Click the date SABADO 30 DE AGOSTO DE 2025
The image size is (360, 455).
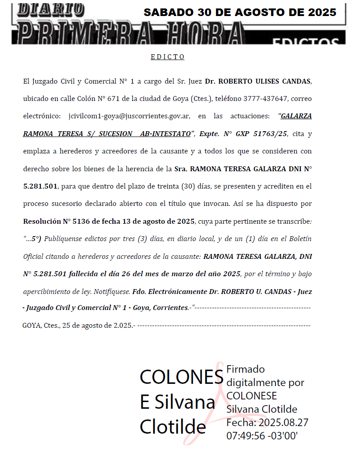(x=240, y=12)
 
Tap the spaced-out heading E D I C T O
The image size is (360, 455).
(x=168, y=57)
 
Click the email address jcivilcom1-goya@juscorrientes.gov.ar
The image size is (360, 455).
(x=129, y=116)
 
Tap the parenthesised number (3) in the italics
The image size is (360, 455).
(x=141, y=239)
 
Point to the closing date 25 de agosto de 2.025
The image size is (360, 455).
(x=97, y=326)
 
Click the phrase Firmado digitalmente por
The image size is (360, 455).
(x=265, y=376)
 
